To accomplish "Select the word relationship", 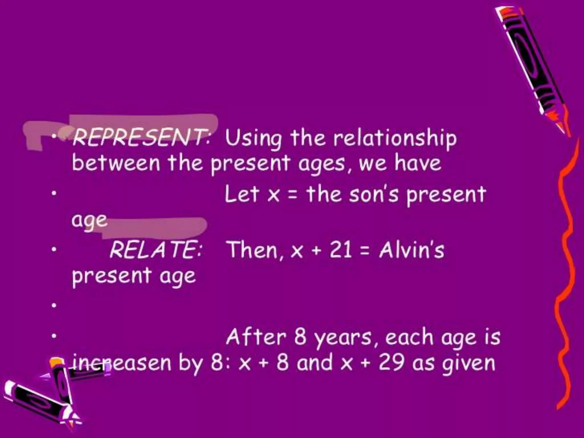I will coord(395,139).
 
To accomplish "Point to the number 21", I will coord(341,250).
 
